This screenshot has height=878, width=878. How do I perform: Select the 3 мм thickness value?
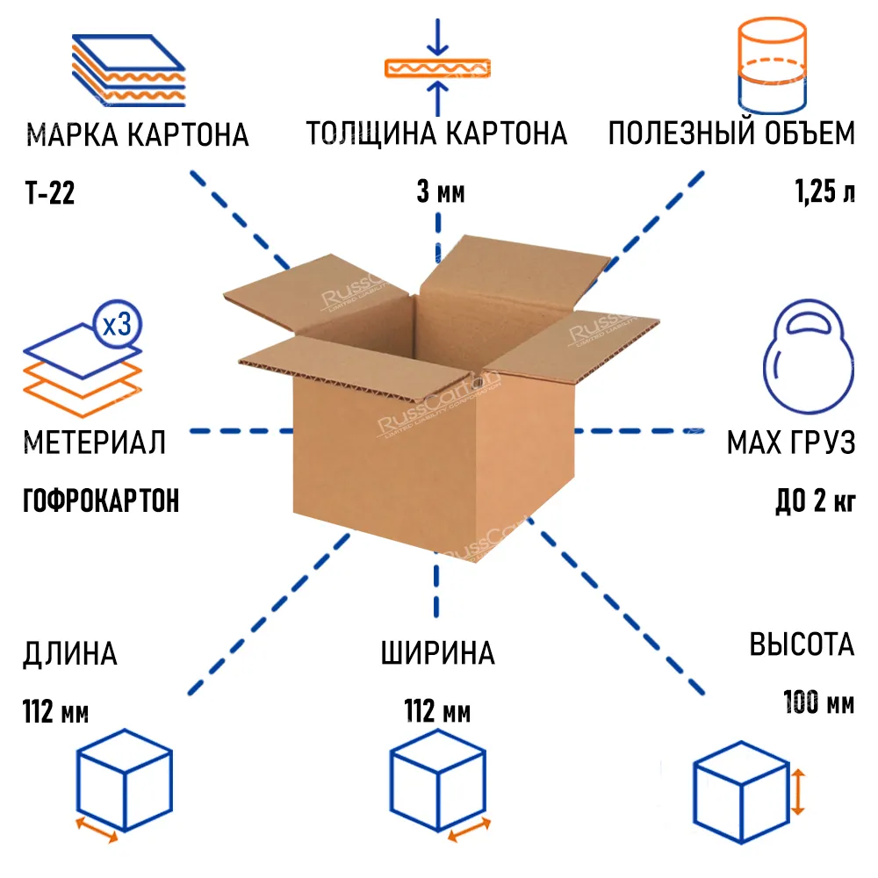pos(440,193)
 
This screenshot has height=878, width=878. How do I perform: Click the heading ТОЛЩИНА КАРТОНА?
pos(436,134)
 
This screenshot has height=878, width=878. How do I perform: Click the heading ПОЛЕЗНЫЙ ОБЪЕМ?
pos(731,134)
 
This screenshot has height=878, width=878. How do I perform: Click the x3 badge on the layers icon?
pos(117,326)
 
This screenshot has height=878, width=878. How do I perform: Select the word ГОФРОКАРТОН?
pos(100,501)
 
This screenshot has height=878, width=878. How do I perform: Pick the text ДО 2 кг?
pos(815,501)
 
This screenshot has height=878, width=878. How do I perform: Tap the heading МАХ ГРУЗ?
pos(790,443)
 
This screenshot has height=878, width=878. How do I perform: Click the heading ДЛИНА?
pos(69,654)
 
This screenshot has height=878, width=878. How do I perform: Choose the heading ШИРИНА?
pos(437,654)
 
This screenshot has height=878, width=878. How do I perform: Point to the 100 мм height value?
pos(818,702)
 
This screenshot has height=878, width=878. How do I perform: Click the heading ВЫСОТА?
pos(801,644)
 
